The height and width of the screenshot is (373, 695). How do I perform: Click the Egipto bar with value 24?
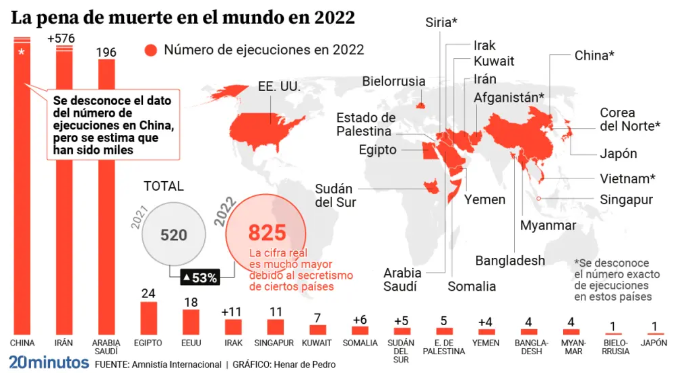click(148, 318)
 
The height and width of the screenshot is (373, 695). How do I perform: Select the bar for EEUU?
click(191, 322)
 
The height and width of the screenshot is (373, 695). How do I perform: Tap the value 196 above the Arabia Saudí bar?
click(106, 52)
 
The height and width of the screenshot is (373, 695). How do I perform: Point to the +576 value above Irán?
click(61, 38)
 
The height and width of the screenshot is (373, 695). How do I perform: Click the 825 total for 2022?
click(267, 233)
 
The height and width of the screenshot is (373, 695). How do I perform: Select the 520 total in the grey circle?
click(174, 235)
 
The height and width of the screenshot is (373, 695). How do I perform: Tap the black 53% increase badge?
click(200, 277)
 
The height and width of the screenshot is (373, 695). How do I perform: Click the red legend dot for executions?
click(151, 50)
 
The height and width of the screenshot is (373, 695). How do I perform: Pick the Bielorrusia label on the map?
click(394, 82)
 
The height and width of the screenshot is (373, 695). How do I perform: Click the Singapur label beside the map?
click(626, 199)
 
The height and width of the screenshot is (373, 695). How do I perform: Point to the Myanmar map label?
click(548, 226)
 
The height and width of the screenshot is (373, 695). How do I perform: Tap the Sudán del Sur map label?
click(335, 195)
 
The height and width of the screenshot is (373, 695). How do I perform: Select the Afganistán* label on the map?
click(509, 98)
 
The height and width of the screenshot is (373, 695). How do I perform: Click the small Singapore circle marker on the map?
click(538, 198)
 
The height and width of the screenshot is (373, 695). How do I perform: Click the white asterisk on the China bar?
click(22, 52)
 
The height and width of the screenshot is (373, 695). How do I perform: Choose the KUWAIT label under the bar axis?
click(317, 343)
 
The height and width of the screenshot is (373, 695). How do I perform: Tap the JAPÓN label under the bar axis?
click(654, 343)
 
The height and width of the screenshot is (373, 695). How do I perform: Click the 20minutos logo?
click(49, 362)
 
